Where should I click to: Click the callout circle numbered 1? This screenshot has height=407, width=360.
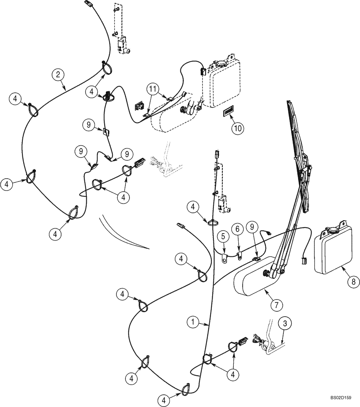pos(193,322)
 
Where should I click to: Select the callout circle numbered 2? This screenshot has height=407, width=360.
pos(59,74)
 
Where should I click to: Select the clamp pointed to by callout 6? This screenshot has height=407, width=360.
pos(240,256)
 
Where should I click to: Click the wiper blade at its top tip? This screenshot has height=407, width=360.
pos(289,103)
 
